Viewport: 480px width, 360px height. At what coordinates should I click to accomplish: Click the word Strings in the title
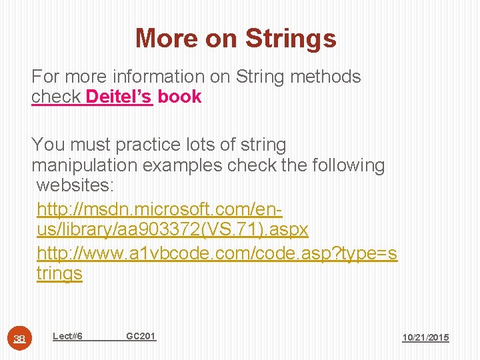(291, 39)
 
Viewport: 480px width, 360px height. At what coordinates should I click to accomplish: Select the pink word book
(179, 97)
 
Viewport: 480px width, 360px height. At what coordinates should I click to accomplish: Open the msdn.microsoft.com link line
(159, 209)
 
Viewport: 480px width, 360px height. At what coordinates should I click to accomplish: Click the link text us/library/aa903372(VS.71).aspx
(173, 230)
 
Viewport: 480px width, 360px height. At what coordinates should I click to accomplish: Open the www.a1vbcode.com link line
(217, 253)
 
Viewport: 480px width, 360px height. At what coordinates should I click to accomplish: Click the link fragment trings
(59, 274)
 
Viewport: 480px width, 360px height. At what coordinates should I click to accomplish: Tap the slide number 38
(21, 339)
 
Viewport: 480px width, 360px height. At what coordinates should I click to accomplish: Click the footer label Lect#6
(67, 336)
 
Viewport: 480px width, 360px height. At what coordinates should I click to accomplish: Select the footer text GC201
(141, 336)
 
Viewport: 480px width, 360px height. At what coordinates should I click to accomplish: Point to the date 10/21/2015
(425, 338)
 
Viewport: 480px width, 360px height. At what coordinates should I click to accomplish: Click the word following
(349, 165)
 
